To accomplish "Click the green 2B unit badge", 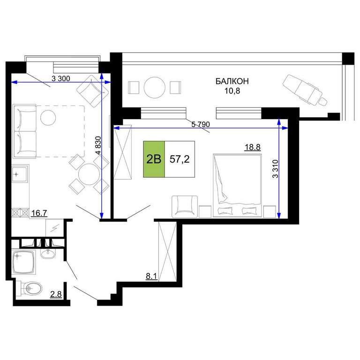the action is tap(154, 159).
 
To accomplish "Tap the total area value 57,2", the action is tap(180, 159).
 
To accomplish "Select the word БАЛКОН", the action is tap(232, 81).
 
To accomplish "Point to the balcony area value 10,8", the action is tap(232, 91).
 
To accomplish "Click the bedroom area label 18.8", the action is tap(253, 147).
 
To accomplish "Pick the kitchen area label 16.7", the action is tap(39, 213).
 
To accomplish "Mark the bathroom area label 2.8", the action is tap(56, 294).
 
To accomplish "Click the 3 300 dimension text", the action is tap(61, 79).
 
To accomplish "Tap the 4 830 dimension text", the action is tap(98, 145).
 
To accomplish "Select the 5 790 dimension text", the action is tap(201, 124).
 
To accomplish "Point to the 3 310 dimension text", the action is tap(275, 169).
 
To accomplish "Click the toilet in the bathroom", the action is tap(31, 288).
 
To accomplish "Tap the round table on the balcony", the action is tap(155, 88).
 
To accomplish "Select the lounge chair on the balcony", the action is tap(305, 90).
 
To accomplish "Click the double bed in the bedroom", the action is tap(237, 186).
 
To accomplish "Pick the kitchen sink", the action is tap(20, 174).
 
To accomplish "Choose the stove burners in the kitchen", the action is tap(21, 213).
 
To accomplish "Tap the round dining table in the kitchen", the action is tap(89, 174).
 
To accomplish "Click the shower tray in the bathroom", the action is tap(24, 262).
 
